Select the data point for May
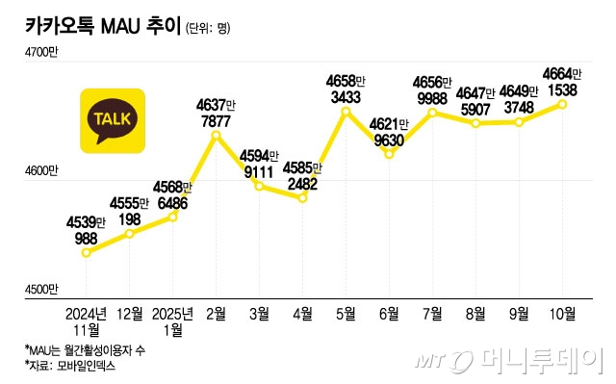tap(346, 113)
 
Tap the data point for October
tap(563, 104)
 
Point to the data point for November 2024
tap(87, 253)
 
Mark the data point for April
tap(302, 197)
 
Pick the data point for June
tap(389, 154)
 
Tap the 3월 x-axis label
tap(259, 313)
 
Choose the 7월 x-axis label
tap(432, 313)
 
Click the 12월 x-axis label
tap(130, 313)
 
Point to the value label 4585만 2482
tap(302, 175)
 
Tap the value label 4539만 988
tap(87, 231)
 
